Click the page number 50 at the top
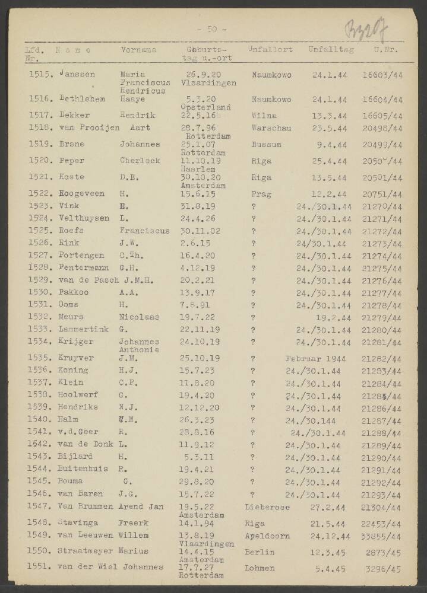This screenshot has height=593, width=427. click(212, 28)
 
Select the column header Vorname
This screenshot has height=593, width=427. click(138, 50)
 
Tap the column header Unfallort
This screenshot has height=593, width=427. click(270, 50)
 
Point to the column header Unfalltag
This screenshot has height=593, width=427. click(331, 50)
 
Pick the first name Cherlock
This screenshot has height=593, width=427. click(139, 160)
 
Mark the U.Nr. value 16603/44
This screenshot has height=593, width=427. click(382, 75)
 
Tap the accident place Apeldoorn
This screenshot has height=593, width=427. click(267, 535)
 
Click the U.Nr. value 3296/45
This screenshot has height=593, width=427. click(384, 569)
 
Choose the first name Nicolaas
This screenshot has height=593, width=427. click(139, 317)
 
